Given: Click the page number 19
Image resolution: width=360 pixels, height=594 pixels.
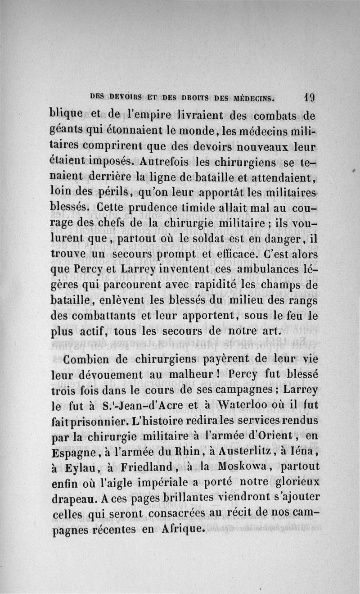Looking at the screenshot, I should tap(308, 96).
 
